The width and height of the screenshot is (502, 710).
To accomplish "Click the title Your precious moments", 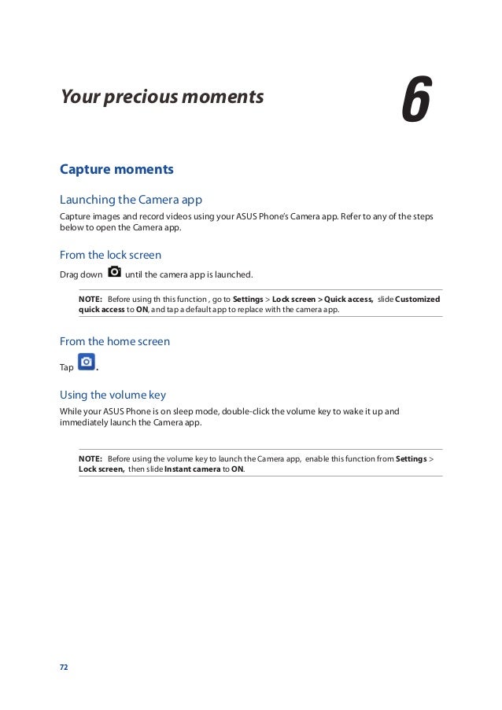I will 162,97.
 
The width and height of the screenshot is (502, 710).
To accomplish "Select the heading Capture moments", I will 116,169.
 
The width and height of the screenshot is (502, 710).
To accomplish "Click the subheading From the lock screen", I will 110,255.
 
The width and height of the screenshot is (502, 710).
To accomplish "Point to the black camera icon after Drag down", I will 114,272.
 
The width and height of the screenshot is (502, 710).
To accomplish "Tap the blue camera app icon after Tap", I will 87,362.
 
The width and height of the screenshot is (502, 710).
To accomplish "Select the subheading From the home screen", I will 115,341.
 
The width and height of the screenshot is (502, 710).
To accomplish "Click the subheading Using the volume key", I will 113,395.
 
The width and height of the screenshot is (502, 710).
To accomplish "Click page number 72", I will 65,668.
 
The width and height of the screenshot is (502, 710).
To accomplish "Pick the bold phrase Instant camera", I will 191,469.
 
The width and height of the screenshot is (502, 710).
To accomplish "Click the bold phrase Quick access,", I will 349,300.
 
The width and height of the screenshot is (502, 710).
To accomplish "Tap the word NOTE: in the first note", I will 90,300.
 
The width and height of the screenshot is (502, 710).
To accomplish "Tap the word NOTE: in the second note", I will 90,458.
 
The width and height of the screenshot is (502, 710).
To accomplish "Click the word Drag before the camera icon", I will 69,275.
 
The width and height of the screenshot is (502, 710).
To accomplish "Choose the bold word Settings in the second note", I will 412,458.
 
